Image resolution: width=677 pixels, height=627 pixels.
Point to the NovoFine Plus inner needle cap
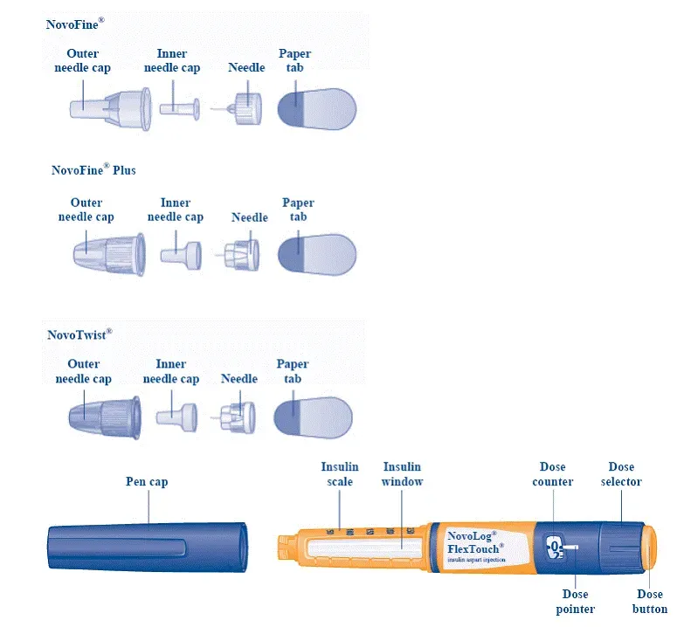(x=180, y=254)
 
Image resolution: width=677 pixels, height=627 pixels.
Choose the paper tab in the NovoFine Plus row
(x=316, y=254)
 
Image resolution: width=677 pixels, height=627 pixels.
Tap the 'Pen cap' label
(x=147, y=481)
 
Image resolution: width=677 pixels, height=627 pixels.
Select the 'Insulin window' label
(x=402, y=474)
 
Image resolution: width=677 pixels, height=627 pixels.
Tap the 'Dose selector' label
(x=625, y=474)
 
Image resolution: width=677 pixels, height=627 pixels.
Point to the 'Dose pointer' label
(x=575, y=602)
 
